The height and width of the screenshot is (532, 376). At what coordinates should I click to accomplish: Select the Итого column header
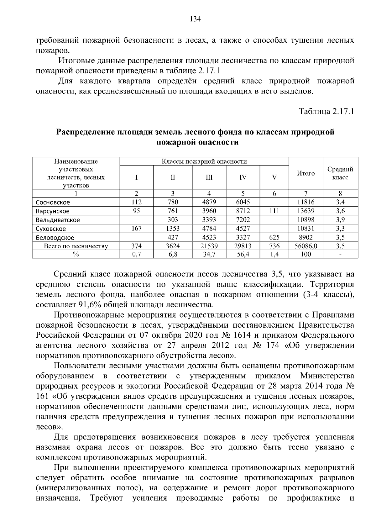305,173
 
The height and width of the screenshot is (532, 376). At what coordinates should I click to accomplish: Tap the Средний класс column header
340,173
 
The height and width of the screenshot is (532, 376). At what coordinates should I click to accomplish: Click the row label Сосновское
53,203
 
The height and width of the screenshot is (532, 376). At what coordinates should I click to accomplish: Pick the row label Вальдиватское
58,220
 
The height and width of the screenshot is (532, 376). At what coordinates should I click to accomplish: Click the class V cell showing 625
274,237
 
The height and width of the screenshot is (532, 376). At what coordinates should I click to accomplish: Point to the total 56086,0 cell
305,246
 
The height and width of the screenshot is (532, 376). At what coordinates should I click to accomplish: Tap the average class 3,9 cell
340,220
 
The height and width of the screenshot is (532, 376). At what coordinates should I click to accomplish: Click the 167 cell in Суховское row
136,229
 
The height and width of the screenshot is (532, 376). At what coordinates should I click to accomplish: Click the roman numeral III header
209,177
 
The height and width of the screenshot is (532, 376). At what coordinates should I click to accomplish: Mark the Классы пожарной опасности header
204,162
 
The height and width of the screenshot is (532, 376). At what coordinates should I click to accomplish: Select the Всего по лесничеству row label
76,246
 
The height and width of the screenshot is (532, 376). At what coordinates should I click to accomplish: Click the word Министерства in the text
327,376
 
